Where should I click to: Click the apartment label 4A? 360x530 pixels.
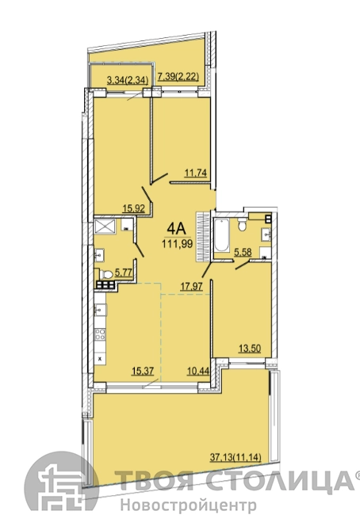pyautogui.click(x=177, y=229)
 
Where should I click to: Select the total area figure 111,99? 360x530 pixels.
pyautogui.click(x=178, y=243)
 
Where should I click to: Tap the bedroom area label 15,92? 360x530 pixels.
pyautogui.click(x=134, y=208)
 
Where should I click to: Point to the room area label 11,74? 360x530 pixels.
pyautogui.click(x=195, y=173)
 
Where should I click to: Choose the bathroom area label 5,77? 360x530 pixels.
pyautogui.click(x=124, y=273)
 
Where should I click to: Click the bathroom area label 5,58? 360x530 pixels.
pyautogui.click(x=243, y=252)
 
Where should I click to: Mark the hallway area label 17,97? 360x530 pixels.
pyautogui.click(x=192, y=287)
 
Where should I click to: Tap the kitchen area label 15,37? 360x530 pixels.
pyautogui.click(x=143, y=371)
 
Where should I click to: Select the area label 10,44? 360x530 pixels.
pyautogui.click(x=198, y=371)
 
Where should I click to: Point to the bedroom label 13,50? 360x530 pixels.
pyautogui.click(x=250, y=348)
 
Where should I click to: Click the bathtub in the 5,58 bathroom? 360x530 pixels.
pyautogui.click(x=221, y=235)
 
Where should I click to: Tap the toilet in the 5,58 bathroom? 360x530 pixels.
pyautogui.click(x=242, y=223)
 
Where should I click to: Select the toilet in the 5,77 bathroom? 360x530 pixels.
pyautogui.click(x=106, y=274)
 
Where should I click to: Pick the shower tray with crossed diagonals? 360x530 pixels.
pyautogui.click(x=105, y=226)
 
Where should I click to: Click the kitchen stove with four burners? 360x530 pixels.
pyautogui.click(x=100, y=334)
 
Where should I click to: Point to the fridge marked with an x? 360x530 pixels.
pyautogui.click(x=100, y=359)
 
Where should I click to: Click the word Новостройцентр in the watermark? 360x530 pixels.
pyautogui.click(x=189, y=506)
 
